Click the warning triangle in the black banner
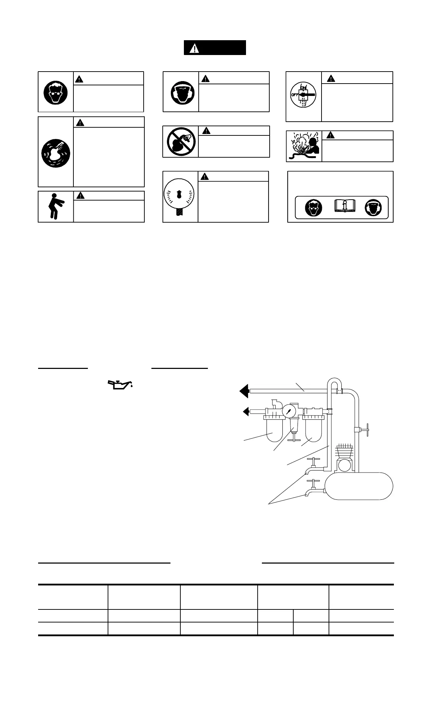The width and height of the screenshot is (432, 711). tap(194, 48)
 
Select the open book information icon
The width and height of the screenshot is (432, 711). tap(344, 206)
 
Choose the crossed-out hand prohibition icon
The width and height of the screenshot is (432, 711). tap(180, 141)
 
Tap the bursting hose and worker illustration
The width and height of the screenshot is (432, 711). tap(304, 146)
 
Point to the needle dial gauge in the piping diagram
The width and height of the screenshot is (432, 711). tap(289, 411)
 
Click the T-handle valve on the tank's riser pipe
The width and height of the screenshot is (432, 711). tap(363, 430)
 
